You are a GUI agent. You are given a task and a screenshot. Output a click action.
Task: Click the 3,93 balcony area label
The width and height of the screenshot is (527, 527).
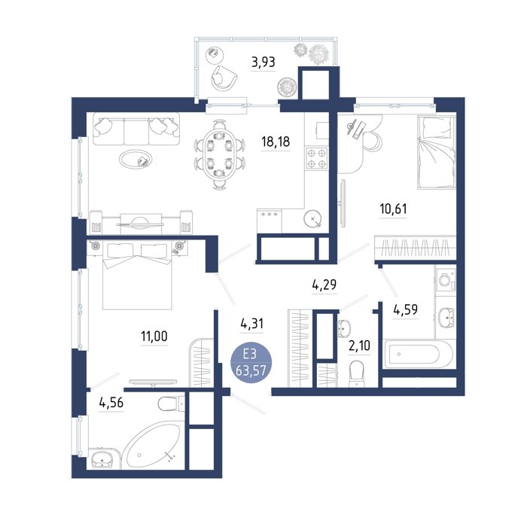(263, 62)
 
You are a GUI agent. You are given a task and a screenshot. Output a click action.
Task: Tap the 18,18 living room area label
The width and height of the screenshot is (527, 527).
(276, 142)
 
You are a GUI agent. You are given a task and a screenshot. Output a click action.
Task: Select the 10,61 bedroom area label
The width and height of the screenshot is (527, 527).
(393, 209)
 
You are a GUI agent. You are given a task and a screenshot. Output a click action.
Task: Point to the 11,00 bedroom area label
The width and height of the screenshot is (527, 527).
(154, 336)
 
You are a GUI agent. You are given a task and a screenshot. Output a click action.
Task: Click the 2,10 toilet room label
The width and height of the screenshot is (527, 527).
(359, 345)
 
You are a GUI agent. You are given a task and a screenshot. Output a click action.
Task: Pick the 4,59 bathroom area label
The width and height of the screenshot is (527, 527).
(406, 309)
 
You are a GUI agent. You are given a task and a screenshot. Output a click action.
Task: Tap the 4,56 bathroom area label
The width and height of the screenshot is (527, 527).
(111, 402)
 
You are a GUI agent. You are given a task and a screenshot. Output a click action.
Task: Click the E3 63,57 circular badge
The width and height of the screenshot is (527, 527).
(251, 362)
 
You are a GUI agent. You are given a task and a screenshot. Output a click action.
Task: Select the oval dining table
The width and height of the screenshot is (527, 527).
(219, 154)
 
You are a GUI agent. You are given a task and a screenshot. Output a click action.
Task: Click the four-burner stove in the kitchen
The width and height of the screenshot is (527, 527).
(316, 158)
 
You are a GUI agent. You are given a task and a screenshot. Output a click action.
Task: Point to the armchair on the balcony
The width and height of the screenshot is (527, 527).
(224, 78)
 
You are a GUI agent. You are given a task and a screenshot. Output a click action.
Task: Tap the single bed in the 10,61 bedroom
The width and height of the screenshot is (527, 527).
(436, 151)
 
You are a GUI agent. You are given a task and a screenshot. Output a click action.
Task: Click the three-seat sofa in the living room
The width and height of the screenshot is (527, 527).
(136, 129)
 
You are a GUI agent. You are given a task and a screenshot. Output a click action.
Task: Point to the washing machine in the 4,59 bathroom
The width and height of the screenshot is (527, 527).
(446, 279)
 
